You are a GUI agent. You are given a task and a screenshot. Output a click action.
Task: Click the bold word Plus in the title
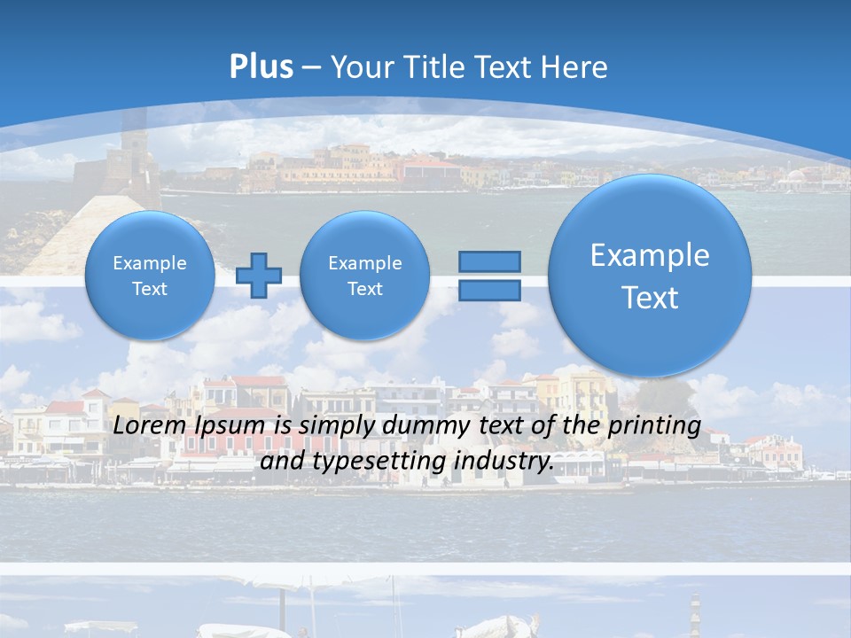pyautogui.click(x=261, y=67)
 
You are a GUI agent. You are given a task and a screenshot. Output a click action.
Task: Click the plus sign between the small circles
pyautogui.click(x=259, y=276)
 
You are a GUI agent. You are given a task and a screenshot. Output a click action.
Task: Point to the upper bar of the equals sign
pyautogui.click(x=489, y=261)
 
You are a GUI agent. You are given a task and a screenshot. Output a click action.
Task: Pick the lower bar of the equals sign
pyautogui.click(x=489, y=291)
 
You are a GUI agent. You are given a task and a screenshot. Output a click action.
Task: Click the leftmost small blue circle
pyautogui.click(x=150, y=276)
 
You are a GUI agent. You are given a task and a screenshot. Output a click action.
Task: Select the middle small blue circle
pyautogui.click(x=364, y=276)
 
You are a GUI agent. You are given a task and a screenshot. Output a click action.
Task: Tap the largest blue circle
pyautogui.click(x=650, y=276)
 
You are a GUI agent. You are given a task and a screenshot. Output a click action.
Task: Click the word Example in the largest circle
pyautogui.click(x=650, y=255)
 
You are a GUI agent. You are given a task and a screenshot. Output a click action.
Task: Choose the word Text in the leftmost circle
pyautogui.click(x=150, y=289)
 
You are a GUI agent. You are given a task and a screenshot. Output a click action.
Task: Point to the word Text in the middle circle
pyautogui.click(x=364, y=289)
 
